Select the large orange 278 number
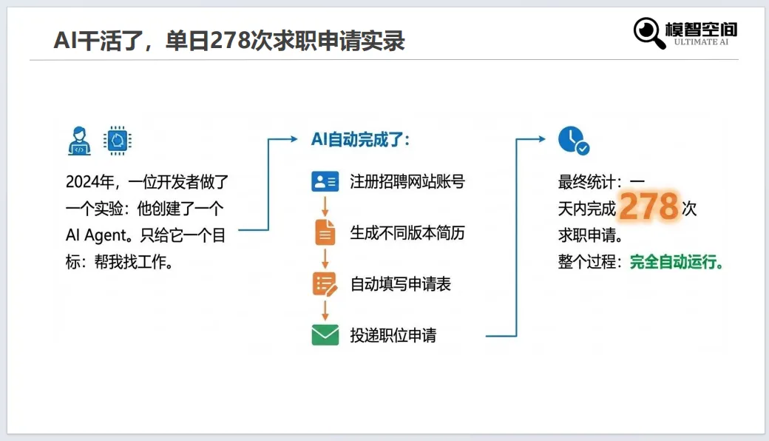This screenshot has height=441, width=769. pyautogui.click(x=648, y=206)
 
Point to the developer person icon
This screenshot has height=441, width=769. pyautogui.click(x=79, y=140)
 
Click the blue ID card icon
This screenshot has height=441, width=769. pyautogui.click(x=325, y=182)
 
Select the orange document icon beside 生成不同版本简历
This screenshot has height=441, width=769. pyautogui.click(x=325, y=233)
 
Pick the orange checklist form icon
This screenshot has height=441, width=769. pyautogui.click(x=325, y=284)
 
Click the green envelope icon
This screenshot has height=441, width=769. pyautogui.click(x=325, y=335)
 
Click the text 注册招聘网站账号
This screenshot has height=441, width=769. pyautogui.click(x=407, y=182)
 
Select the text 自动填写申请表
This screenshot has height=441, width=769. pyautogui.click(x=400, y=284)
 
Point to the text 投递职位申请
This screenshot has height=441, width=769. pyautogui.click(x=393, y=335)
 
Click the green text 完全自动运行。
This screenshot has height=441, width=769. pyautogui.click(x=677, y=262)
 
